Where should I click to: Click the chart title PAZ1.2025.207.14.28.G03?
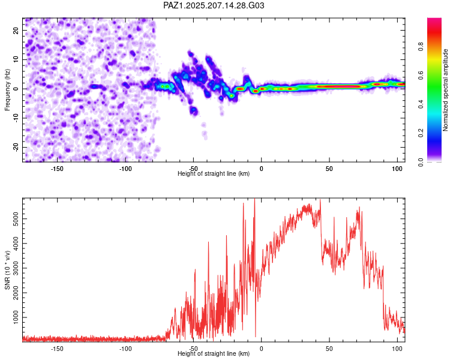click(x=214, y=5)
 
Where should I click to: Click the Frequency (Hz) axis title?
click(x=7, y=90)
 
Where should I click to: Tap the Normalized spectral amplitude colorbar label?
click(x=445, y=90)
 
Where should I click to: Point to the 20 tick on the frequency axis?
click(x=16, y=30)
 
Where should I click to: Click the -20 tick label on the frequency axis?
click(x=16, y=147)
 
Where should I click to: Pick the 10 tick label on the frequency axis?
click(x=16, y=59)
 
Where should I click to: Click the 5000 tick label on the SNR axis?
click(x=16, y=219)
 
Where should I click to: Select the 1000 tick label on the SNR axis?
click(x=16, y=317)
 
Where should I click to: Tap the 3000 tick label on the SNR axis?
click(x=16, y=268)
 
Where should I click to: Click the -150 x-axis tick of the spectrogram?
click(x=57, y=169)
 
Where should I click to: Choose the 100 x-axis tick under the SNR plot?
click(x=397, y=349)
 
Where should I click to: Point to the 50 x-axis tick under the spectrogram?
click(x=329, y=169)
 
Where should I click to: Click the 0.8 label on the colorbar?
click(x=421, y=46)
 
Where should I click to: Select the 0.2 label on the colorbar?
click(x=421, y=133)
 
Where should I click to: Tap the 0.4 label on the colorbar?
click(x=421, y=104)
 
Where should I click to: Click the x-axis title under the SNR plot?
click(x=214, y=353)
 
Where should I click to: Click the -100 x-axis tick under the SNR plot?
click(x=125, y=349)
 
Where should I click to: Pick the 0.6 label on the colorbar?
click(x=421, y=75)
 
